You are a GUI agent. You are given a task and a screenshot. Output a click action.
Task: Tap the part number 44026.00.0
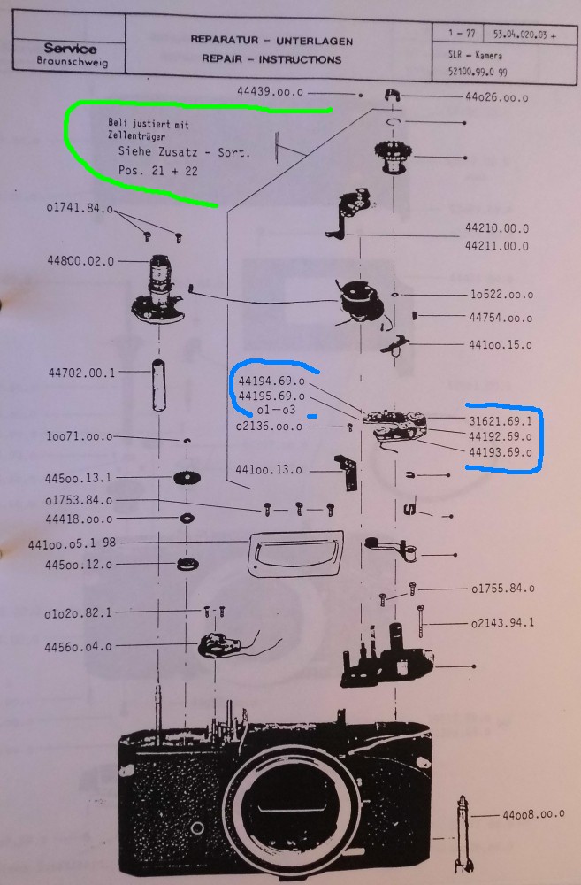point(496,98)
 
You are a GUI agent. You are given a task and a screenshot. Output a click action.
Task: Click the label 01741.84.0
point(80,209)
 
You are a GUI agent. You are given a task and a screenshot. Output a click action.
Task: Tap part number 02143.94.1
point(503,623)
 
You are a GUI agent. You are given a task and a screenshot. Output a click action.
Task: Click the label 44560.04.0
point(78,646)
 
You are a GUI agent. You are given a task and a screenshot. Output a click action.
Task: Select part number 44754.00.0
point(501,318)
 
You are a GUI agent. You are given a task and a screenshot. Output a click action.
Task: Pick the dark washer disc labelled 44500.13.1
point(186,478)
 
